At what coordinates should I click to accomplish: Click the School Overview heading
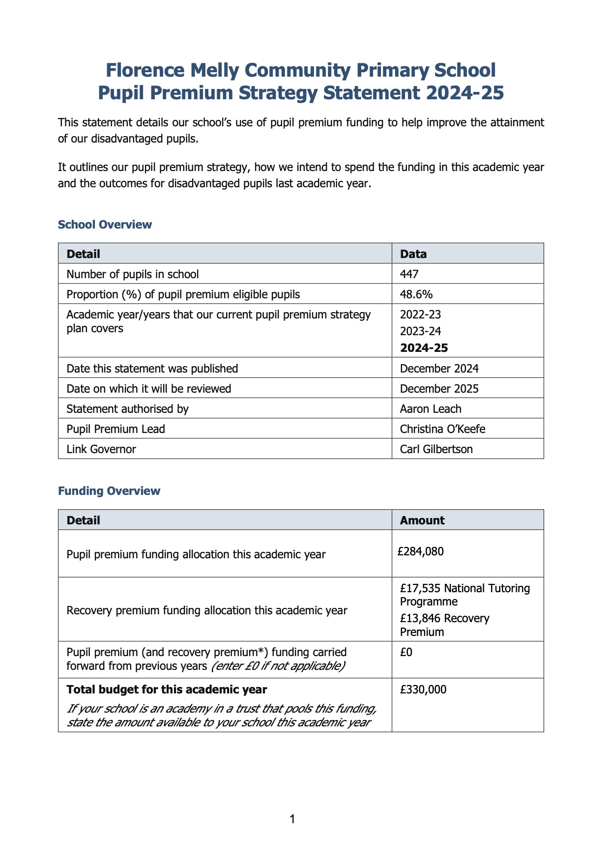point(105,225)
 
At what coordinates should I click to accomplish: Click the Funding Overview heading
point(109,491)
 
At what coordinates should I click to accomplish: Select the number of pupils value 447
point(409,274)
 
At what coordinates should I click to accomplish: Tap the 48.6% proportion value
point(416,294)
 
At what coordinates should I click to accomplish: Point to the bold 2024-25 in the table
point(424,348)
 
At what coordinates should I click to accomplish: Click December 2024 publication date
point(439,369)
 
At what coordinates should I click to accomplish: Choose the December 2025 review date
point(439,389)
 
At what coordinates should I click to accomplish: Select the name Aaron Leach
point(431,409)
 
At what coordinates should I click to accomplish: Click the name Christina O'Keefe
point(442,429)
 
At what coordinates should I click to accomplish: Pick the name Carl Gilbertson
point(436,449)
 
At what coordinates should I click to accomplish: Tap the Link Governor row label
point(101,449)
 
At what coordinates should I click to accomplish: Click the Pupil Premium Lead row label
point(116,429)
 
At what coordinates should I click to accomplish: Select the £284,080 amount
point(421,551)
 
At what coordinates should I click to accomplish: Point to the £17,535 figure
point(420,588)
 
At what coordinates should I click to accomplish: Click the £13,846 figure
point(420,618)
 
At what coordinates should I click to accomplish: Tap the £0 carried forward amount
point(406,652)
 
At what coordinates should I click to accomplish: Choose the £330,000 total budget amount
point(423,690)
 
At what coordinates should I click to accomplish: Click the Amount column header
point(422,520)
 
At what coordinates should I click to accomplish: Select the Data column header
point(413,254)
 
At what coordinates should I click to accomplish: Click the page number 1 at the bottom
point(292,819)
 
